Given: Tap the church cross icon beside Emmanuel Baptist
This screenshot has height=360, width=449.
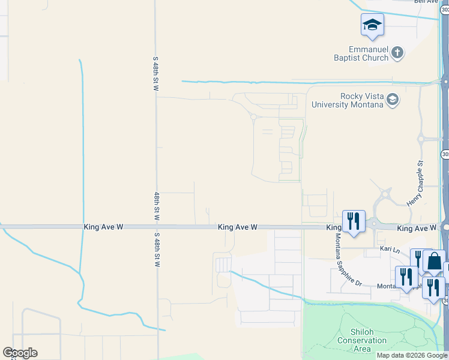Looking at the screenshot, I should tap(397, 53).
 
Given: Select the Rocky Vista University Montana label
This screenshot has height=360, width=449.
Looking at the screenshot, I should tap(348, 100).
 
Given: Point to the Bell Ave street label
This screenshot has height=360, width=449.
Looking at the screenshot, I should tap(427, 2).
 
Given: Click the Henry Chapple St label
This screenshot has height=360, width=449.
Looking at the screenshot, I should tap(415, 182).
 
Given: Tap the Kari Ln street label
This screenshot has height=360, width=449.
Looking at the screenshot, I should tap(390, 248).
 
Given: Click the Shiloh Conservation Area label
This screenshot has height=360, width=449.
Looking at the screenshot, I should tap(362, 340).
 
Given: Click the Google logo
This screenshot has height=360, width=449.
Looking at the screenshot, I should tap(20, 353).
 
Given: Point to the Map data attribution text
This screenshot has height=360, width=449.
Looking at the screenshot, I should tap(412, 355).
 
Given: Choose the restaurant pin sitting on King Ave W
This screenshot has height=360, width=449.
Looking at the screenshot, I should tap(354, 221).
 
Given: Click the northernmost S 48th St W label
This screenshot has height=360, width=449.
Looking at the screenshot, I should tap(155, 73).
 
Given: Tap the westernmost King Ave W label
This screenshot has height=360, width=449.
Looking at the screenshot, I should tap(103, 227).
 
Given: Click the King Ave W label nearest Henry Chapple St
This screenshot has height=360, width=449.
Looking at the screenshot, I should tap(417, 229).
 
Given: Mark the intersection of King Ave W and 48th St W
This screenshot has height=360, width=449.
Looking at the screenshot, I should tap(157, 227).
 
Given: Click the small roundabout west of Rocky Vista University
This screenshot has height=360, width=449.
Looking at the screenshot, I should tap(253, 116).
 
